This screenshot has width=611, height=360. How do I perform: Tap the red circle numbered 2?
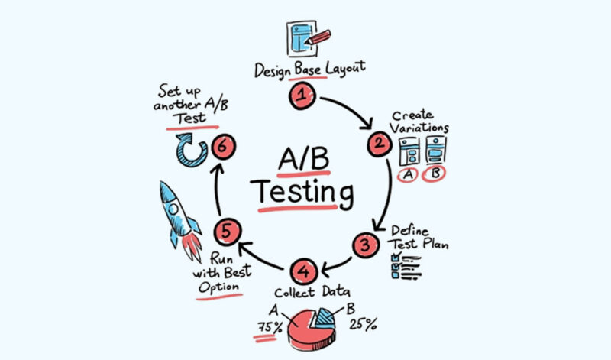pyautogui.click(x=377, y=143)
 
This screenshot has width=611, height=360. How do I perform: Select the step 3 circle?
pyautogui.click(x=365, y=245)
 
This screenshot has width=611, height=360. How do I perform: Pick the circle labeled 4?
pyautogui.click(x=303, y=271)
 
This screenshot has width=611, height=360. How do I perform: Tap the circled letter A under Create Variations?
pyautogui.click(x=408, y=175)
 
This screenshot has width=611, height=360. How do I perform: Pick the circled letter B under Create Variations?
pyautogui.click(x=436, y=175)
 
